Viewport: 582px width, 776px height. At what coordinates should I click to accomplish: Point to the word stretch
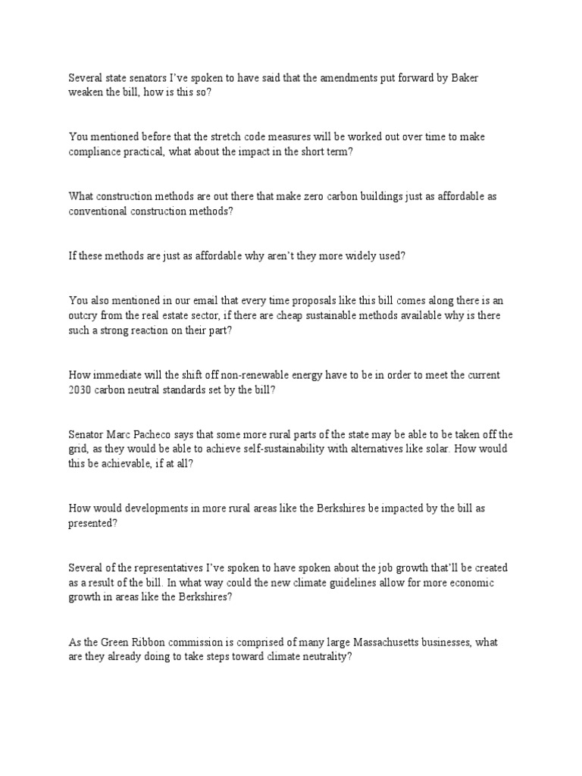point(222,137)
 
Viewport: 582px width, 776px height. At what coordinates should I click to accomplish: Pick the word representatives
point(164,567)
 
